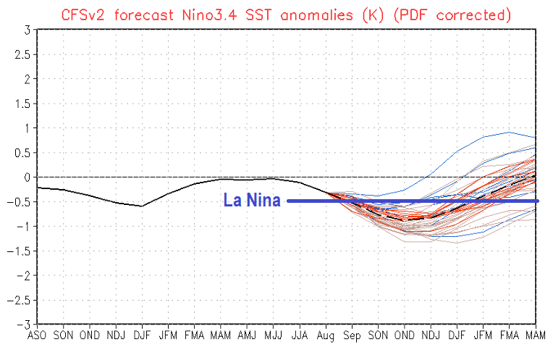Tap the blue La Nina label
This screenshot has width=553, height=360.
pyautogui.click(x=252, y=201)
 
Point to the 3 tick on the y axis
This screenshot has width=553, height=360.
pyautogui.click(x=26, y=30)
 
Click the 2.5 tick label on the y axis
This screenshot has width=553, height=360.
pyautogui.click(x=22, y=54)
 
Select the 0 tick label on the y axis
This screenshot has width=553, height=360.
pyautogui.click(x=26, y=177)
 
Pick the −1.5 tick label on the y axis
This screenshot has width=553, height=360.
pyautogui.click(x=20, y=251)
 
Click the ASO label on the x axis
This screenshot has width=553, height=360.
pyautogui.click(x=37, y=336)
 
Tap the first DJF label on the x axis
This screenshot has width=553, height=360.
pyautogui.click(x=142, y=336)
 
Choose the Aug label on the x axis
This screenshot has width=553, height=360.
pyautogui.click(x=326, y=336)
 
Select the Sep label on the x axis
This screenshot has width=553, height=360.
pyautogui.click(x=352, y=336)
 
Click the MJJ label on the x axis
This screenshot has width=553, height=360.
pyautogui.click(x=273, y=336)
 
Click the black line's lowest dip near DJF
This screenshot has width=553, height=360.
pyautogui.click(x=142, y=206)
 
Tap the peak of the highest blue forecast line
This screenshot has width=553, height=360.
pyautogui.click(x=509, y=132)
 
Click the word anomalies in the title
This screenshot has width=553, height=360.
pyautogui.click(x=315, y=14)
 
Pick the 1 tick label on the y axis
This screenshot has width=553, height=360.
pyautogui.click(x=26, y=128)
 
